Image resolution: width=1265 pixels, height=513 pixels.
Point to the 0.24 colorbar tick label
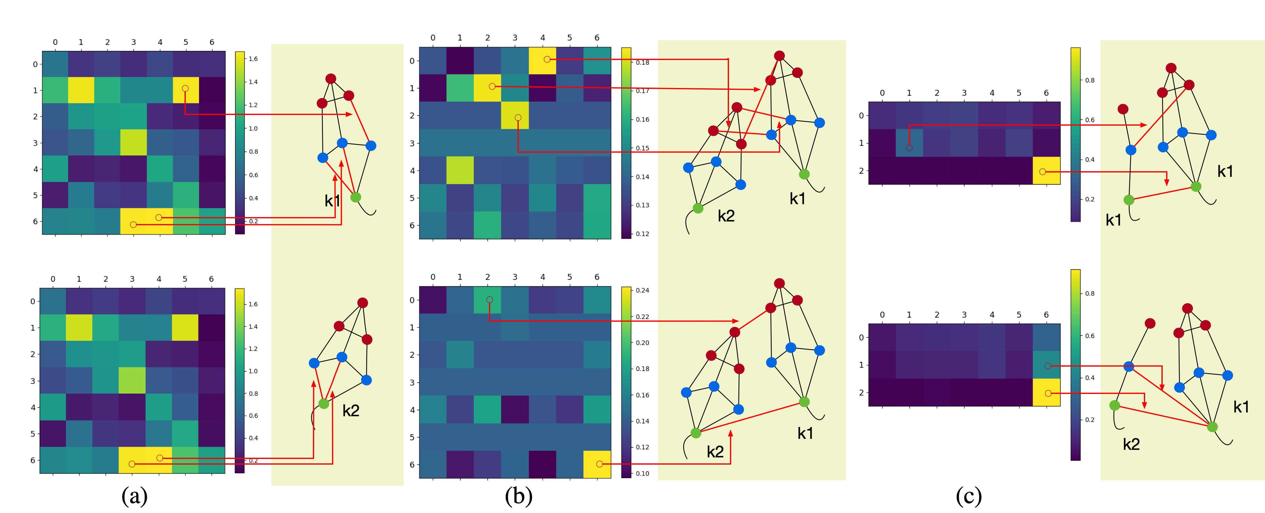tap(642, 290)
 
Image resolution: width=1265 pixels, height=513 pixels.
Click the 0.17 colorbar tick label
tap(642, 91)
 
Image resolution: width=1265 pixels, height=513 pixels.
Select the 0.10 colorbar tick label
tap(642, 474)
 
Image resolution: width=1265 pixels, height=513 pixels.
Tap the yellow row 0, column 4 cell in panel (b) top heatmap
tap(542, 60)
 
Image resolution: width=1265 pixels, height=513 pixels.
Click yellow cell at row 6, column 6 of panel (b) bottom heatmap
tap(597, 464)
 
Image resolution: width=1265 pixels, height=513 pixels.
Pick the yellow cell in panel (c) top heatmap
tap(1047, 171)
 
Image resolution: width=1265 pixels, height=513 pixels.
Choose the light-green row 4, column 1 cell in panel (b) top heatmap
tap(460, 170)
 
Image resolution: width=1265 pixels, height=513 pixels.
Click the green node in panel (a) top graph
tap(356, 197)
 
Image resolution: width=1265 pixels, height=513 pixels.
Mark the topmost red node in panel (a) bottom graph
tap(362, 303)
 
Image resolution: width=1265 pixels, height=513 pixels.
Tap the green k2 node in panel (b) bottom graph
tap(696, 433)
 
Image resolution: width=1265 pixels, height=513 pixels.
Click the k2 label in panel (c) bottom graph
tap(1131, 444)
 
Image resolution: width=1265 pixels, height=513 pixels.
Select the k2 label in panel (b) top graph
tap(726, 216)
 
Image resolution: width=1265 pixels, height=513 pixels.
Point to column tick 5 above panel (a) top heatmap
tap(186, 42)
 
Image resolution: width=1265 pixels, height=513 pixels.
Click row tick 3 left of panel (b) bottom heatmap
tap(412, 382)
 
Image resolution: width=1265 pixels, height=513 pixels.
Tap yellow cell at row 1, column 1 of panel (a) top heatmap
tap(81, 90)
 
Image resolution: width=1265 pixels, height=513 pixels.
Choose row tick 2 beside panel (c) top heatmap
tap(861, 171)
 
